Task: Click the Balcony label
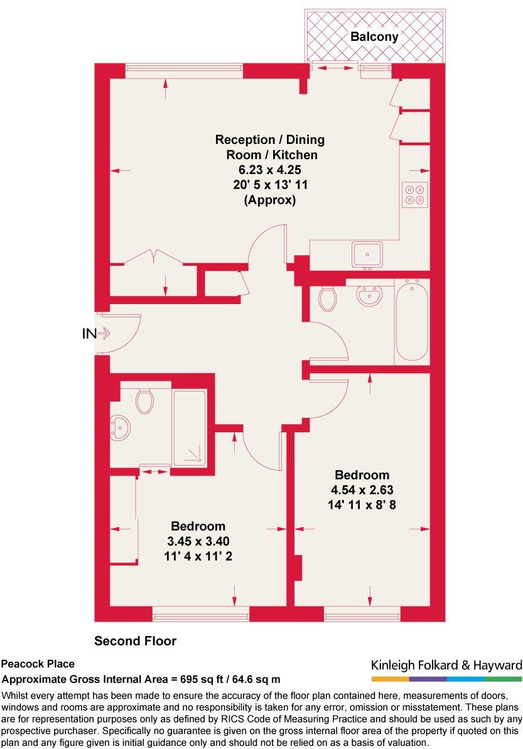click(x=374, y=37)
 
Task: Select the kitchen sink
click(x=367, y=254)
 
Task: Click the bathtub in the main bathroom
click(x=411, y=321)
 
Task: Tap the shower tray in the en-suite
click(x=189, y=429)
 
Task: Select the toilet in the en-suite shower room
click(x=144, y=400)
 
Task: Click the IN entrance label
click(x=89, y=334)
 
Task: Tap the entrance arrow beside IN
click(x=104, y=334)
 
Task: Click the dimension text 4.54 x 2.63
click(x=362, y=489)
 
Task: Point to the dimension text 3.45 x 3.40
click(x=198, y=540)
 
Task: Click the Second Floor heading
click(x=135, y=641)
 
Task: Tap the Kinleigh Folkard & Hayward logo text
click(x=446, y=665)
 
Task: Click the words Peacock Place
click(x=38, y=664)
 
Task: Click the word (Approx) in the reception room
click(x=269, y=200)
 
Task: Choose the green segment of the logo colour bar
click(x=503, y=679)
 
